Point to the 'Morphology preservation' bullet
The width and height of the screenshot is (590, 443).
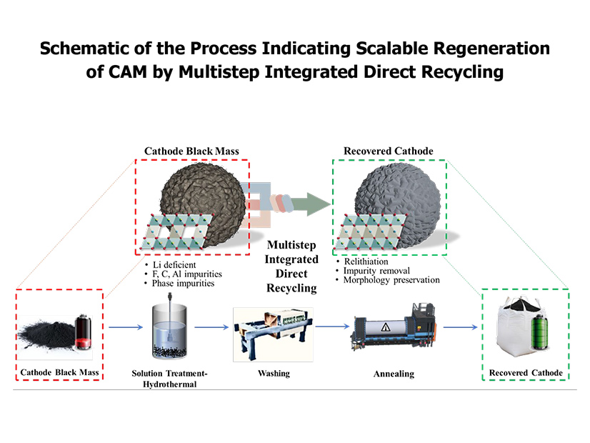[391, 280]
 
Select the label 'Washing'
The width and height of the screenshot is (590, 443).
[273, 373]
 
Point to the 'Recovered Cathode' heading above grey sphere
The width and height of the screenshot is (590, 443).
[387, 151]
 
